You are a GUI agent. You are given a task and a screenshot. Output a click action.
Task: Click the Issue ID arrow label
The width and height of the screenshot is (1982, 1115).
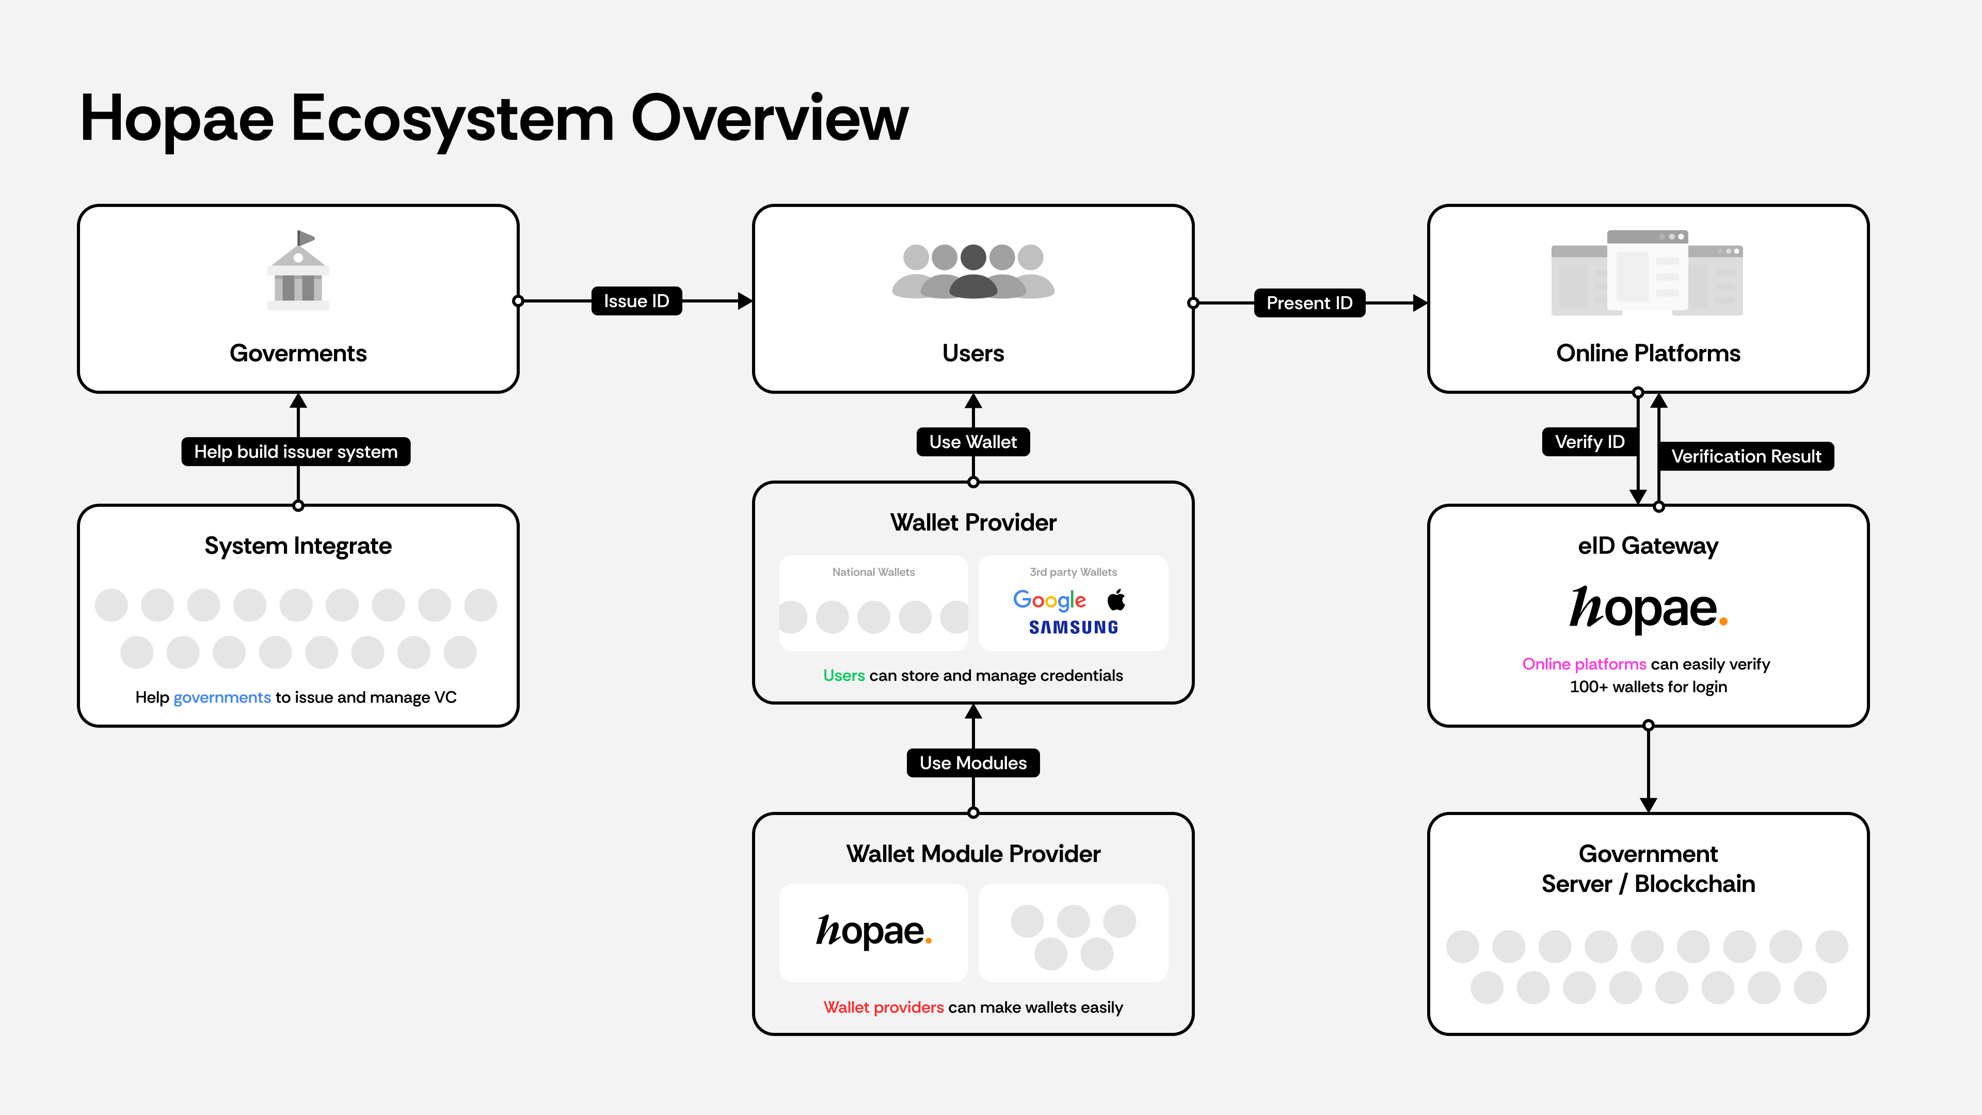tap(636, 301)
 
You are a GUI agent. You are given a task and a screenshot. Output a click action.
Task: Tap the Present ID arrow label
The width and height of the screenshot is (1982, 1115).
tap(1309, 303)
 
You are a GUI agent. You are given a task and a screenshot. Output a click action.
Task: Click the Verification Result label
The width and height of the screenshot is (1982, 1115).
tap(1745, 456)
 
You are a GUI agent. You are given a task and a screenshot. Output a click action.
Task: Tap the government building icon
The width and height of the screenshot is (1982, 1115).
tap(298, 271)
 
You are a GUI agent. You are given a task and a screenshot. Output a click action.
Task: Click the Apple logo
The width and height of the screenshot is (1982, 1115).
tap(1116, 599)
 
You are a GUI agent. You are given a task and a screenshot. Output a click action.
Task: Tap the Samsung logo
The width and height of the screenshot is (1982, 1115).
tap(1074, 627)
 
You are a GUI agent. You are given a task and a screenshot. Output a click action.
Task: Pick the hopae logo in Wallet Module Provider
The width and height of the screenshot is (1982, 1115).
tap(873, 931)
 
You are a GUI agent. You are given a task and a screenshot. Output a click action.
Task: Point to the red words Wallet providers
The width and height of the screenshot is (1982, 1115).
tap(883, 1007)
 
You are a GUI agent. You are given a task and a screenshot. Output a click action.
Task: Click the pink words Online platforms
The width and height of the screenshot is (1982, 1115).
tap(1584, 663)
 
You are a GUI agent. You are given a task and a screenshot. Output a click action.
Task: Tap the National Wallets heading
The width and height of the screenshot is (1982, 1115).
tap(873, 572)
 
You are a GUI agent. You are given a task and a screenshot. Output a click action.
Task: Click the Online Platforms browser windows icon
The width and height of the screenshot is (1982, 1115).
tap(1648, 273)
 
